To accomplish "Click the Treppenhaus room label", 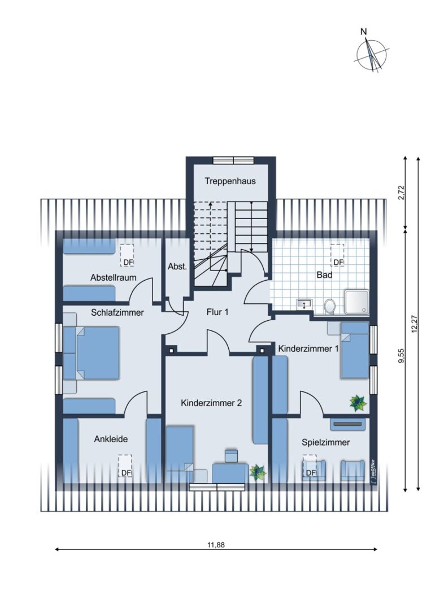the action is point(230,181).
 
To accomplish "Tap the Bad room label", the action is point(324,275).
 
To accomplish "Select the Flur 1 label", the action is point(217,312).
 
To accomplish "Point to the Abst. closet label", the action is point(177,267).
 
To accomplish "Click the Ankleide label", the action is point(111,439).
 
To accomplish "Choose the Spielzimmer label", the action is point(325,442).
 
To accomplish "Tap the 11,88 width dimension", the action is point(216,544).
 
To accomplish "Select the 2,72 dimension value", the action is point(402,192).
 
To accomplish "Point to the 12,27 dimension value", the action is point(415,323).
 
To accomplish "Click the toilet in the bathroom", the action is point(329,306).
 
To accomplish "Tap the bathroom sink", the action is point(304,304).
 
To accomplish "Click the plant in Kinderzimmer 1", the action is point(358,403).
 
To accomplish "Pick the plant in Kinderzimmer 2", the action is point(258,472).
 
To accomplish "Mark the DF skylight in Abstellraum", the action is point(127,255).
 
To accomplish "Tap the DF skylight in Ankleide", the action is point(125,465).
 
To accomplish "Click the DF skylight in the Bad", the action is point(337,255).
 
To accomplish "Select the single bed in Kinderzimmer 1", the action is point(355,350).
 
